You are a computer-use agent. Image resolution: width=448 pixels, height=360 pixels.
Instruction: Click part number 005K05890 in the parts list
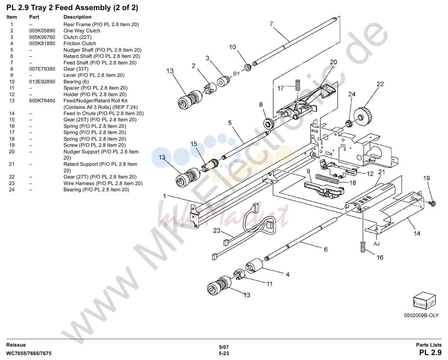tap(42, 31)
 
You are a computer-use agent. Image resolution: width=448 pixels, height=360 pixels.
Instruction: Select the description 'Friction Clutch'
tap(80, 43)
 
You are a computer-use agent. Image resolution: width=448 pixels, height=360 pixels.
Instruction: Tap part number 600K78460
tap(42, 101)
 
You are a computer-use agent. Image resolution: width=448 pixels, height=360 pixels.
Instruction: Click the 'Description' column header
tap(78, 17)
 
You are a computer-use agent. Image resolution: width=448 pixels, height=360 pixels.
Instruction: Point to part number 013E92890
tap(42, 81)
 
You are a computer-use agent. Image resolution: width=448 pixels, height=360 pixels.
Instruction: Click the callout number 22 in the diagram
tap(380, 84)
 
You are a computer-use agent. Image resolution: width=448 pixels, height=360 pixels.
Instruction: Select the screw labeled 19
tap(432, 203)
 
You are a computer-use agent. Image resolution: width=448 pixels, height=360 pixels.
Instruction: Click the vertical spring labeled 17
tap(298, 85)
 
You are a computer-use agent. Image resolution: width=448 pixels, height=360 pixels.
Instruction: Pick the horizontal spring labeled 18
tap(327, 179)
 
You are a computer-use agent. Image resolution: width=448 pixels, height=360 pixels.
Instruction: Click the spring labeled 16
tap(363, 247)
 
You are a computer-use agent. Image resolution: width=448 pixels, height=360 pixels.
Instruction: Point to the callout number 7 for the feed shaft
tap(271, 24)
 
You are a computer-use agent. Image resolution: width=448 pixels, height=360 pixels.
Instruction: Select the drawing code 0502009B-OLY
tap(421, 315)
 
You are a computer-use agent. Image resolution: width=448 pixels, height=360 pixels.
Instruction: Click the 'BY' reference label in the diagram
tap(237, 74)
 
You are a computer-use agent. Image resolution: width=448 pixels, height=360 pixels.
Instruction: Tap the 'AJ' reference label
tap(376, 244)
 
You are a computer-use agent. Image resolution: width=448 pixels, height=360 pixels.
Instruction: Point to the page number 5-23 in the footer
tap(224, 353)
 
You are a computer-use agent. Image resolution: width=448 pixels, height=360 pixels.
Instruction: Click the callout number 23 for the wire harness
tap(217, 231)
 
